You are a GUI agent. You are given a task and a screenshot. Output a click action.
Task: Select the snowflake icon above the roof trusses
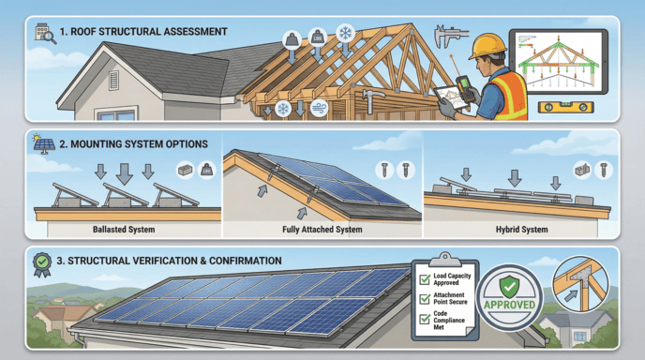345,34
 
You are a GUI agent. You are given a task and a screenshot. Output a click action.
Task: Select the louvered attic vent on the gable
113,79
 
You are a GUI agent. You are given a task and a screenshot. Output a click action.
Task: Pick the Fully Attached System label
321,228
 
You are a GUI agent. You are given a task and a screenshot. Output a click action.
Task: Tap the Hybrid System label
519,228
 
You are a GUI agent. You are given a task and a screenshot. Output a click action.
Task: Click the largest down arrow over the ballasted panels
123,175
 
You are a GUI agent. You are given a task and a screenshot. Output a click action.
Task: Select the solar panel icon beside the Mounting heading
42,145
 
